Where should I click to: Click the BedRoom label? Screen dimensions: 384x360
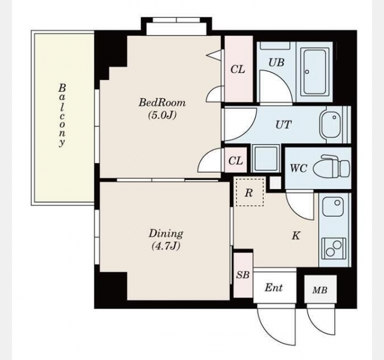point(162,102)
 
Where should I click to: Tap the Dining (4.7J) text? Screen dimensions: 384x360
point(166,239)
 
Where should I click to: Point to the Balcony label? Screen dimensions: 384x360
point(62,115)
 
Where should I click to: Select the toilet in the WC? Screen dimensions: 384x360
point(335,166)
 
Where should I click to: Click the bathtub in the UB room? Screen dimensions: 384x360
point(314,71)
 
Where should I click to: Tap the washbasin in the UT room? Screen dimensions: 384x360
point(330,125)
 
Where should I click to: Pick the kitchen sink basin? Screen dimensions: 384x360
point(332,206)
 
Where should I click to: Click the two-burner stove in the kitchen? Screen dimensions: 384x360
point(334,248)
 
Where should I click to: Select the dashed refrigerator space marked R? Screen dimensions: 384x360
point(250,193)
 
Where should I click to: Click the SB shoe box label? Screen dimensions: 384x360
point(242,275)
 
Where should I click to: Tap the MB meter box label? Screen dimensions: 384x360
point(320,290)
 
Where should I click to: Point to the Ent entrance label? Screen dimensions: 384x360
point(274,287)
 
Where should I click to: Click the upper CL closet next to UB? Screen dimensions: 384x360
point(239,69)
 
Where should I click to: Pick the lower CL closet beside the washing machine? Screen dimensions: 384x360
point(236,160)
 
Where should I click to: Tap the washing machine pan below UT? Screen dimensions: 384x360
point(266,158)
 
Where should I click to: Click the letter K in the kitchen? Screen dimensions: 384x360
point(296,236)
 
